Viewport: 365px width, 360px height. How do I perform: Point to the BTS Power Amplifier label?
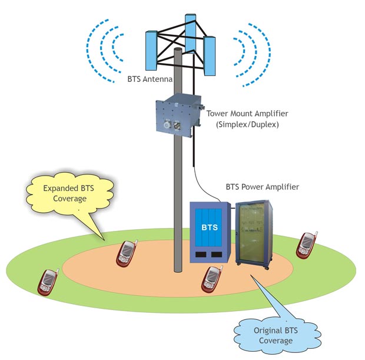tap(263, 187)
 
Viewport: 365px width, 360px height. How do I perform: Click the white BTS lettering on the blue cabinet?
tap(209, 227)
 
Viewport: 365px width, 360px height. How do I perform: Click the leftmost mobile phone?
tap(48, 282)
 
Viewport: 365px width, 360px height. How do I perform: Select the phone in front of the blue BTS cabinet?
tap(211, 279)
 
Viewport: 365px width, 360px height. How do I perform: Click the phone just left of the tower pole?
tap(127, 253)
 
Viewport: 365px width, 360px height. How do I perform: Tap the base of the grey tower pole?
tap(177, 268)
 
